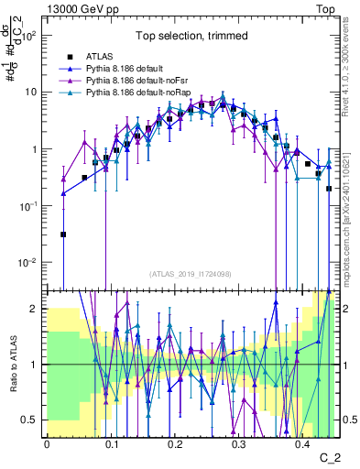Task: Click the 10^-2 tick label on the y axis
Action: click(29, 263)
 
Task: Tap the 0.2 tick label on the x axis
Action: click(174, 444)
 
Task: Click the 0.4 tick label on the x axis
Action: click(302, 444)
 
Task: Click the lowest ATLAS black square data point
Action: click(63, 234)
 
